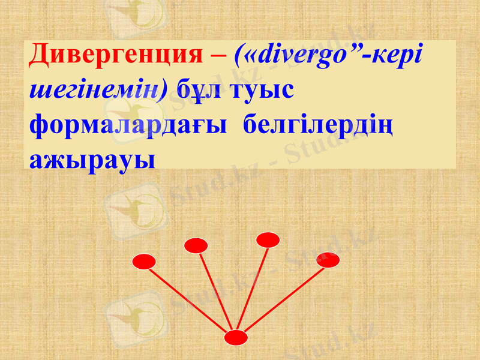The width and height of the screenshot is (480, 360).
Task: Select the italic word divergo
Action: click(x=299, y=58)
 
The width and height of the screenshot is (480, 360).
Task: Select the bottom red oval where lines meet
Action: click(x=236, y=338)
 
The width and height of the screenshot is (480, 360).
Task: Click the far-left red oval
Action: click(x=144, y=262)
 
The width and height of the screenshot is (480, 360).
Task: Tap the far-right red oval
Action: click(x=328, y=260)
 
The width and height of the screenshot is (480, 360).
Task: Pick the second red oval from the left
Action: click(x=196, y=245)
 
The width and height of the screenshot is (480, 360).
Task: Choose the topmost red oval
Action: click(x=268, y=240)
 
